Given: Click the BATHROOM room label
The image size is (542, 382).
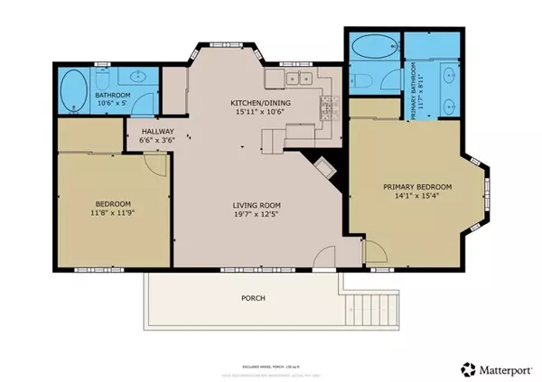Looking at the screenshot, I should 114,96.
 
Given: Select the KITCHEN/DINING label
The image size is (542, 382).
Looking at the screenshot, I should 259,103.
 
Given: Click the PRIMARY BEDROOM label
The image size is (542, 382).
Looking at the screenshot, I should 416,187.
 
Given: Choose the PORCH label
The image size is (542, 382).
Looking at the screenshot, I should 252,298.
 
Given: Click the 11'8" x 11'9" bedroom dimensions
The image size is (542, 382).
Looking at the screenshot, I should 114,213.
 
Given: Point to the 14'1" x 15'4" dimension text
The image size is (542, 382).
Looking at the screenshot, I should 416,197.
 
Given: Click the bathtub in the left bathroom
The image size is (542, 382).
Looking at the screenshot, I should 74,90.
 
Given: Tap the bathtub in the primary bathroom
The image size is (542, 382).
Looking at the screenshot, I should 372,46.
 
